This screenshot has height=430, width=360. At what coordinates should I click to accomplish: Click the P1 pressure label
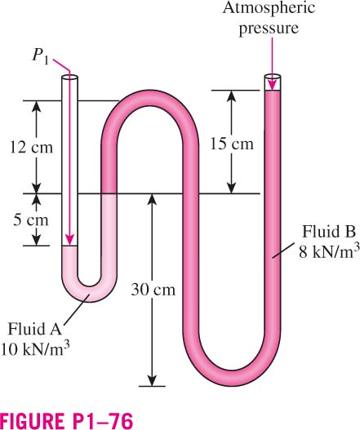(x=41, y=57)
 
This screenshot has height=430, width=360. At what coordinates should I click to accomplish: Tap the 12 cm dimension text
(x=31, y=147)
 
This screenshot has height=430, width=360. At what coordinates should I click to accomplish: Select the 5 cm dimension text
(x=31, y=220)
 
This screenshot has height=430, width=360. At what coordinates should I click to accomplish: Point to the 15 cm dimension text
(x=232, y=144)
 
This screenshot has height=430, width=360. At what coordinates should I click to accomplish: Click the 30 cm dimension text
(x=153, y=290)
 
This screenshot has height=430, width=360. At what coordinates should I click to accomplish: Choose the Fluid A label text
(x=34, y=329)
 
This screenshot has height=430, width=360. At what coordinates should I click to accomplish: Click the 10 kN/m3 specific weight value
(x=35, y=348)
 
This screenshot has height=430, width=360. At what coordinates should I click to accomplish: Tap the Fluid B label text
(x=329, y=232)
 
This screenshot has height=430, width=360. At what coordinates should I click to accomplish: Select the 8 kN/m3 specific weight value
(x=329, y=251)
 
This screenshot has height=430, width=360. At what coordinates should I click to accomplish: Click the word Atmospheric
(x=269, y=7)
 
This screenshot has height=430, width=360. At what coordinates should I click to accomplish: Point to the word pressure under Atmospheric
(x=269, y=28)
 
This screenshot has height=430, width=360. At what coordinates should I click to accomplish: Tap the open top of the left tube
(x=69, y=78)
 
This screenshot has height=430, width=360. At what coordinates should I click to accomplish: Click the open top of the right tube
(x=273, y=77)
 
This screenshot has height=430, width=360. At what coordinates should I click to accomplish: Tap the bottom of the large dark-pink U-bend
(x=232, y=379)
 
